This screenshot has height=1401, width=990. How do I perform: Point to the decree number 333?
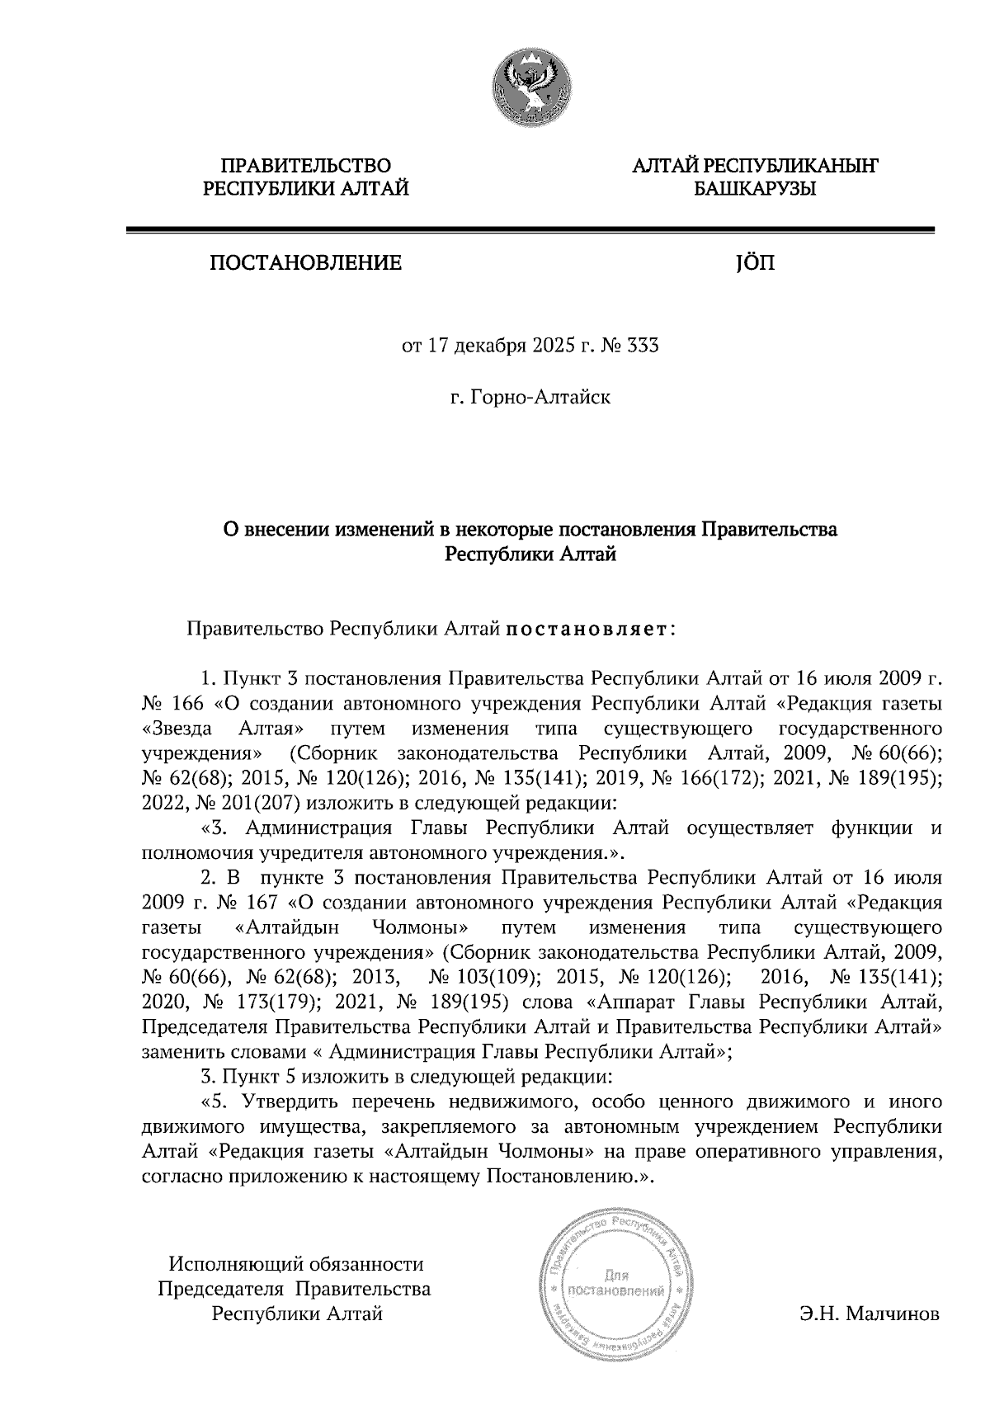pyautogui.click(x=643, y=347)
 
